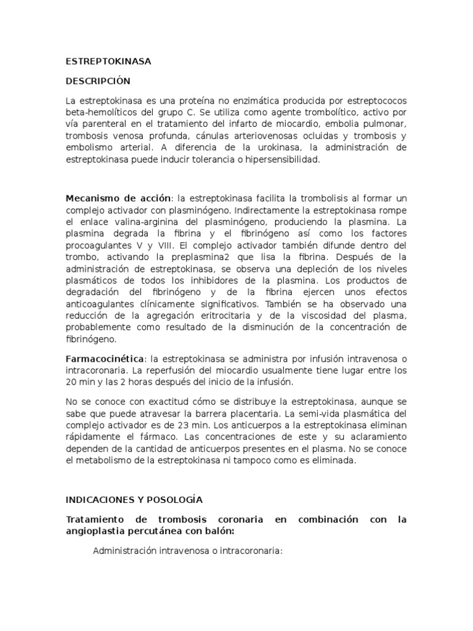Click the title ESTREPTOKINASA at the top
coord(108,62)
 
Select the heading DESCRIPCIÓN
coord(99,81)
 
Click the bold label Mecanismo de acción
coord(118,198)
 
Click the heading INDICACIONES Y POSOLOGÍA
coord(134,499)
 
